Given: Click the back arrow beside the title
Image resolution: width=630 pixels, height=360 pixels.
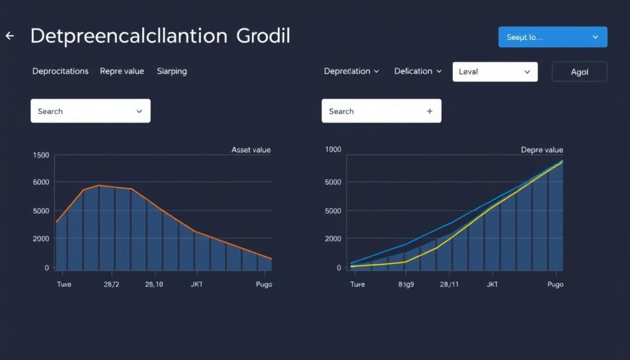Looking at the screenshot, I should [x=10, y=36].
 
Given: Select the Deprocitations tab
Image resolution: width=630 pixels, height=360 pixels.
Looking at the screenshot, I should [x=60, y=71].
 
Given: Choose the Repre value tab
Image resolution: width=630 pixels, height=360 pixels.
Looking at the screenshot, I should [x=122, y=71].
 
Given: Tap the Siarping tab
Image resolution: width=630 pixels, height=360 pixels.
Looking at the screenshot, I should [x=172, y=71].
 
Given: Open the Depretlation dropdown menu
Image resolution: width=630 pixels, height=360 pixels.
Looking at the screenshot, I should [x=351, y=71].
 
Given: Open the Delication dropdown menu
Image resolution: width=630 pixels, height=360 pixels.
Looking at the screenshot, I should [x=418, y=71].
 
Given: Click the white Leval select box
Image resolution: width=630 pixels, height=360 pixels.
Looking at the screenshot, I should [x=495, y=72].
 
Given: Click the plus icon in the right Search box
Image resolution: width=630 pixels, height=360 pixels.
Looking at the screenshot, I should [x=429, y=111].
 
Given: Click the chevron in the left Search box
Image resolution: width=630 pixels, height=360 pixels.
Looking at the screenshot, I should [x=139, y=111].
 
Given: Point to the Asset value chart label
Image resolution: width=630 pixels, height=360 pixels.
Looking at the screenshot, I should [x=250, y=150].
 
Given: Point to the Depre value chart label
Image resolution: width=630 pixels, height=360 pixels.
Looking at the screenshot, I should [x=541, y=150].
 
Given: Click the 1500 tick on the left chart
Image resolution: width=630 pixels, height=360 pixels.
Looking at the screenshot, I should [x=41, y=155].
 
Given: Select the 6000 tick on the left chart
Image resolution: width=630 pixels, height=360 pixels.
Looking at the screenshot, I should [x=41, y=182].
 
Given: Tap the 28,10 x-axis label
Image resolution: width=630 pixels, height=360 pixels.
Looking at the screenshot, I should [x=154, y=284].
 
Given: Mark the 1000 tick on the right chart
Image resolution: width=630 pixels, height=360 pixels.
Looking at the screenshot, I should [x=332, y=150].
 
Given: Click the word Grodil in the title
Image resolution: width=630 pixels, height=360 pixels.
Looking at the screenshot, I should [x=263, y=36].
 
